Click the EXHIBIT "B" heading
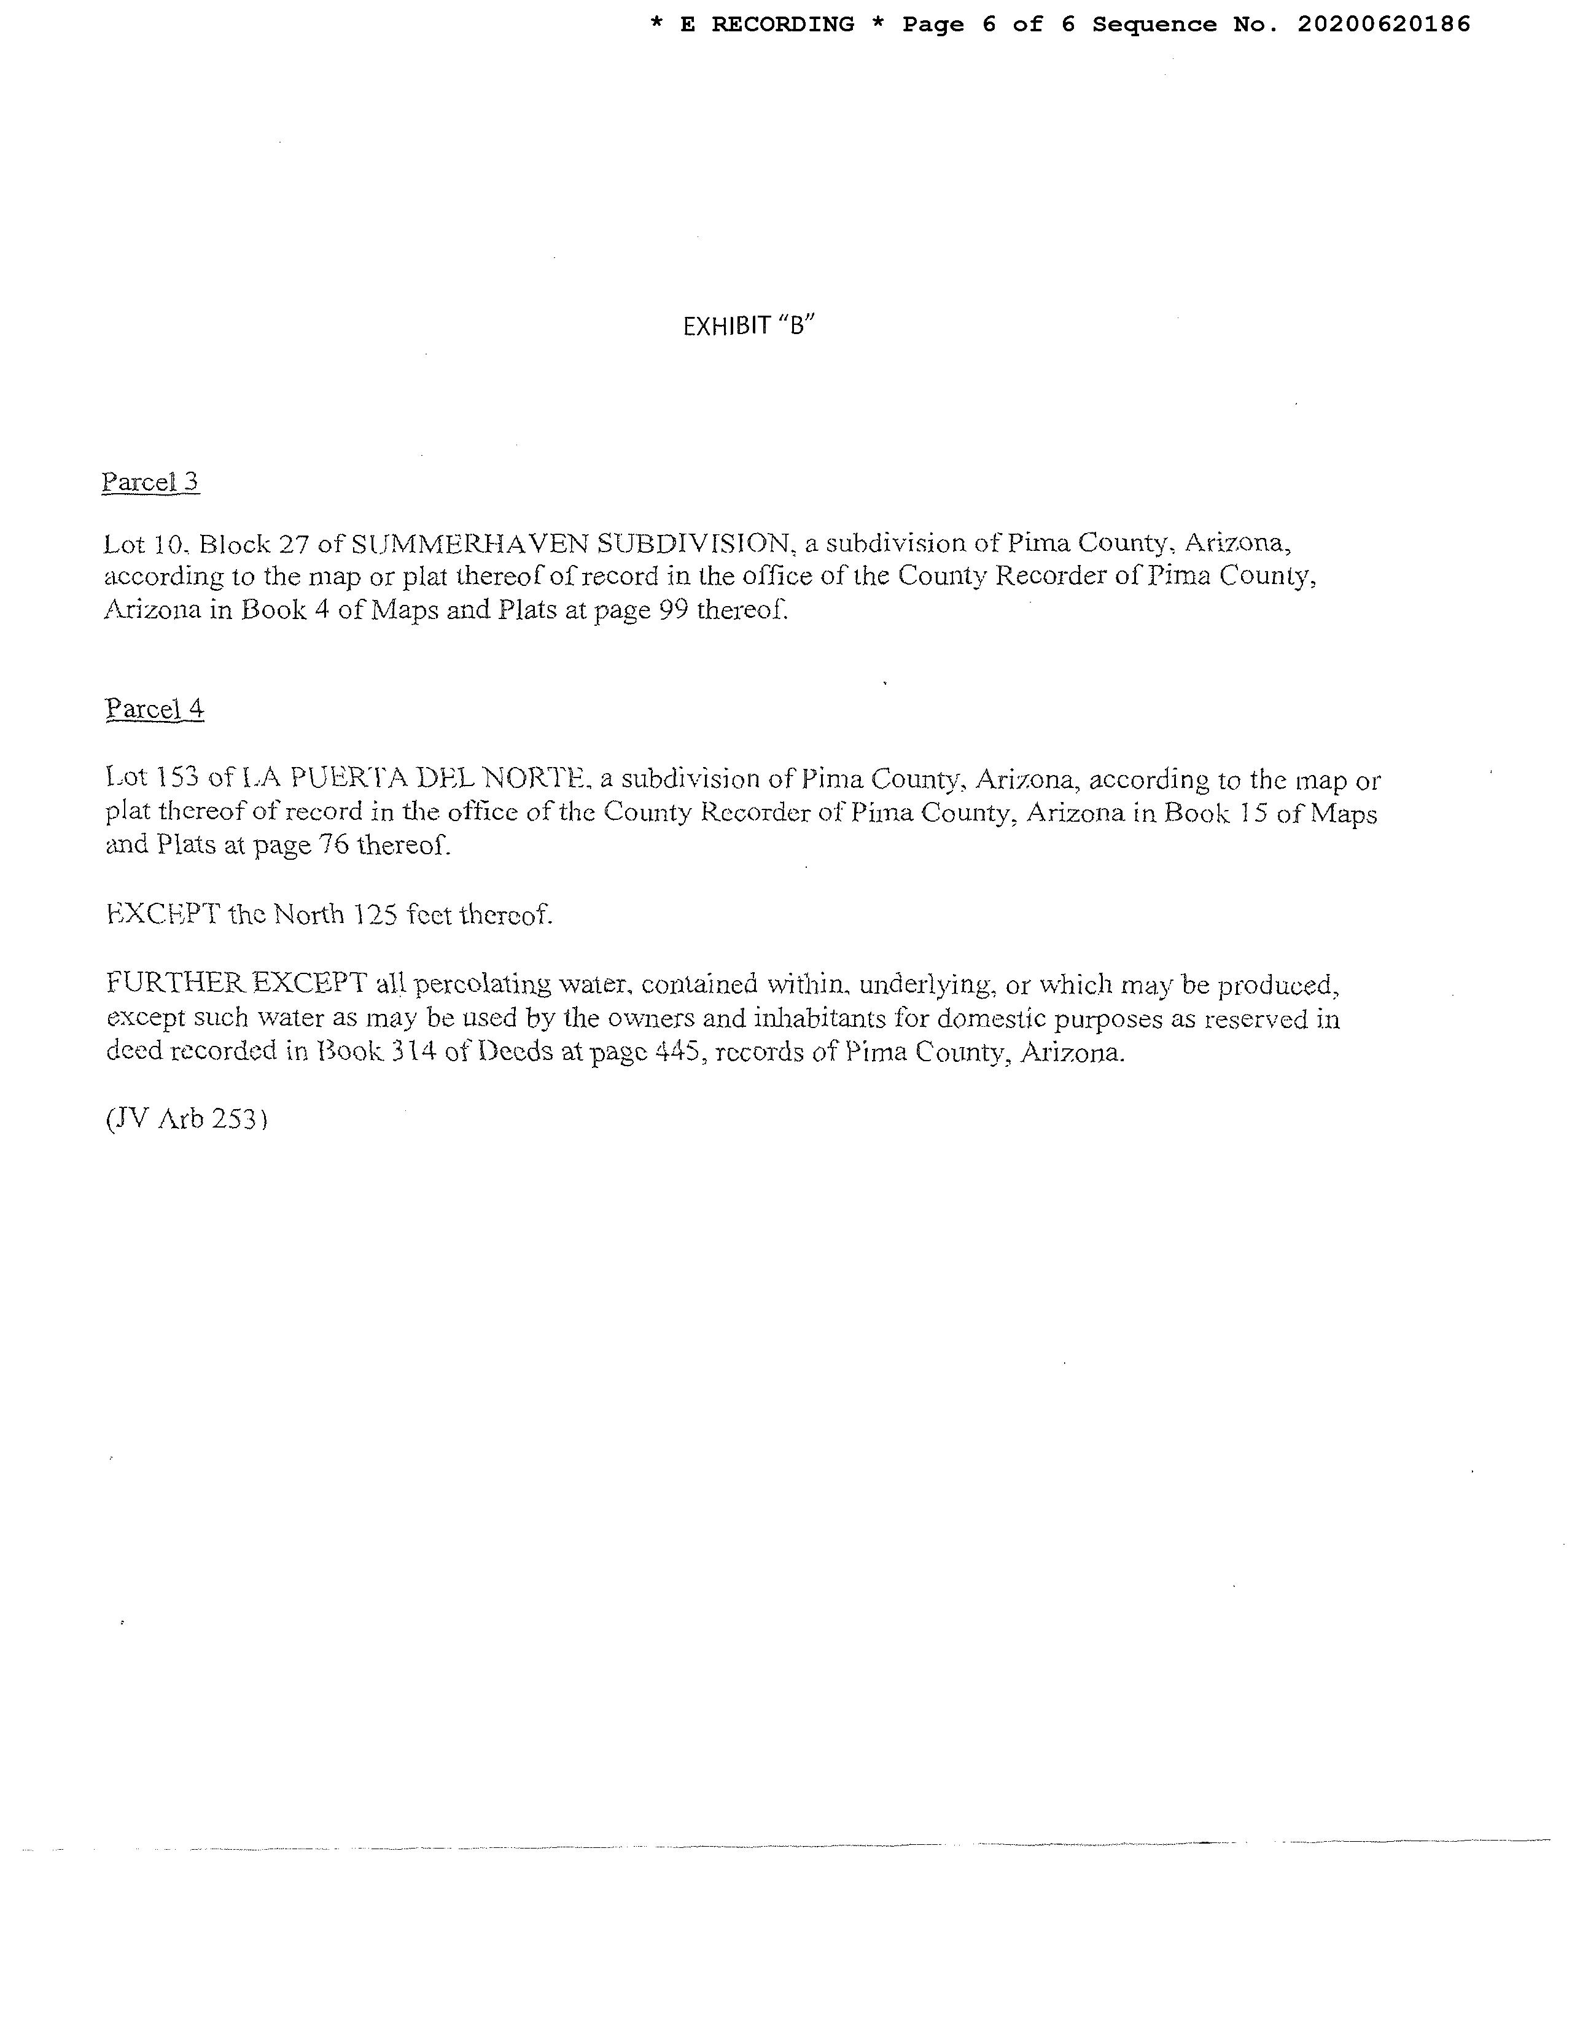(x=749, y=326)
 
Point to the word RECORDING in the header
(x=782, y=24)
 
